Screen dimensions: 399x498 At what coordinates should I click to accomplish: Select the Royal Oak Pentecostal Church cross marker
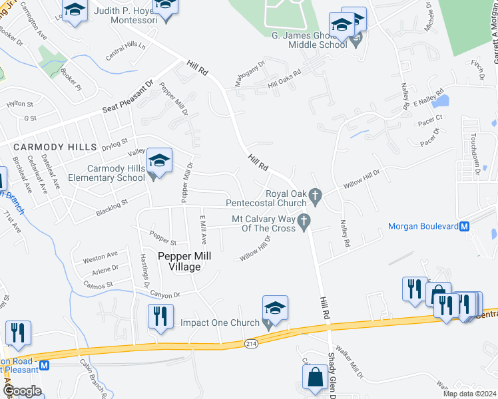317,195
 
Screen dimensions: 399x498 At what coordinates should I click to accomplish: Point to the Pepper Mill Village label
179,261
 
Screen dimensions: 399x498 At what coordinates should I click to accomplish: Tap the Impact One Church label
220,323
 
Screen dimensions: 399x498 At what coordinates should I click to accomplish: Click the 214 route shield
250,343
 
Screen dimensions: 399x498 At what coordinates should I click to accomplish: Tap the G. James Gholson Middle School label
309,39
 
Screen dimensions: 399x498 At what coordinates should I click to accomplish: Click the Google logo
22,390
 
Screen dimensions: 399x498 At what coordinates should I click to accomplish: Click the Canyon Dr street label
166,295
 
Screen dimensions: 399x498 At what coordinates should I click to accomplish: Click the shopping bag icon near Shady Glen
314,378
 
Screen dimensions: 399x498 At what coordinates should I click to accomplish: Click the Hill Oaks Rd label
285,80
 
